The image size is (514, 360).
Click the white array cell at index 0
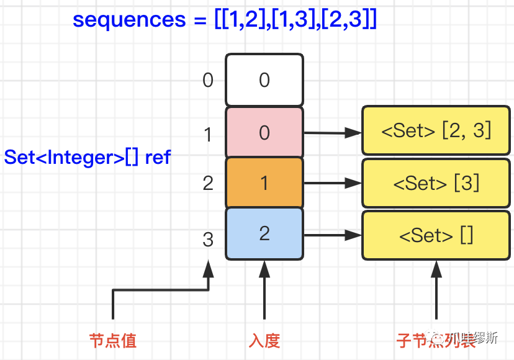[x=264, y=80]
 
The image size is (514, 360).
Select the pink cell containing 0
[x=264, y=132]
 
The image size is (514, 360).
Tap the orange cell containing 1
[x=264, y=183]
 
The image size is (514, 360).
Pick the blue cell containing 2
[x=264, y=233]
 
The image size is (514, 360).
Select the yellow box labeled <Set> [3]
[x=436, y=183]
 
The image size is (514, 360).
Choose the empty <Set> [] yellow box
[x=436, y=235]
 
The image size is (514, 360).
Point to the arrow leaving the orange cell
[x=332, y=183]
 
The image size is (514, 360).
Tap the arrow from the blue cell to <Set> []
[x=332, y=235]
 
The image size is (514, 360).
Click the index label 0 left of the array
[x=208, y=80]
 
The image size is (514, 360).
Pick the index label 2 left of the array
[x=208, y=183]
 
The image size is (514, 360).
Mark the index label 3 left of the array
[x=208, y=240]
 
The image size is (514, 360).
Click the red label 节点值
[x=112, y=340]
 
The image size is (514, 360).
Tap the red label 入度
[x=264, y=340]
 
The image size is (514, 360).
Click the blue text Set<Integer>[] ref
[x=87, y=157]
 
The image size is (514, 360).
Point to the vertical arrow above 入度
[x=264, y=292]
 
